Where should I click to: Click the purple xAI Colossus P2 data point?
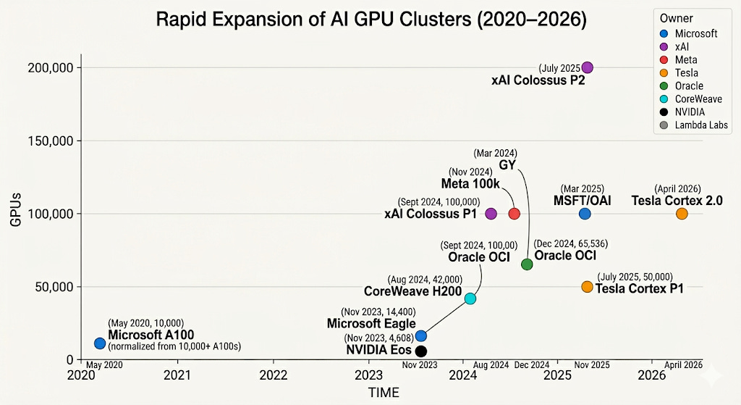588,67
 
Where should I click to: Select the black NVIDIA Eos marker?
421,351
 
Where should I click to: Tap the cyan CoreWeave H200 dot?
470,298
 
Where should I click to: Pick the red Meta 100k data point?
515,214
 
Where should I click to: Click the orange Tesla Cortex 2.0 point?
682,214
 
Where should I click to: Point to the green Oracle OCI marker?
527,264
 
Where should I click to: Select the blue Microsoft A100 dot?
100,343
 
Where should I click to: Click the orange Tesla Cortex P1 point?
587,287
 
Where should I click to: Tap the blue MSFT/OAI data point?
585,214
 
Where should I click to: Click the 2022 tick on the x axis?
274,375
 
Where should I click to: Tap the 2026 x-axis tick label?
652,375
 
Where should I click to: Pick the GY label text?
507,165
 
